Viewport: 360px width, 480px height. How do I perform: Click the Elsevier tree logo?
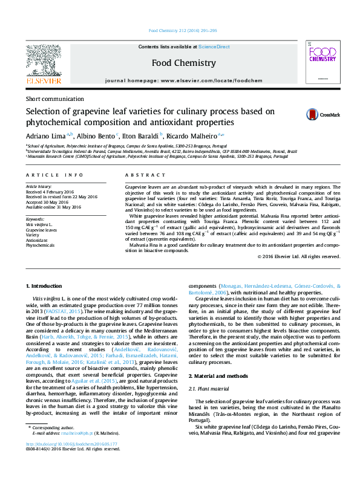point(43,62)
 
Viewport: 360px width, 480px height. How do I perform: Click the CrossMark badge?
point(322,114)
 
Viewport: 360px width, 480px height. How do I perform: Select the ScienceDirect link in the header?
point(214,47)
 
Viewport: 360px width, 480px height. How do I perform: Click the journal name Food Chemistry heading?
point(180,62)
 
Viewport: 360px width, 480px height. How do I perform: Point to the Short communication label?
point(53,99)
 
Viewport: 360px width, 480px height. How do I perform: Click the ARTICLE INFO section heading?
point(54,175)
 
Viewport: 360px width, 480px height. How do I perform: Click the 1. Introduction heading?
point(45,285)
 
